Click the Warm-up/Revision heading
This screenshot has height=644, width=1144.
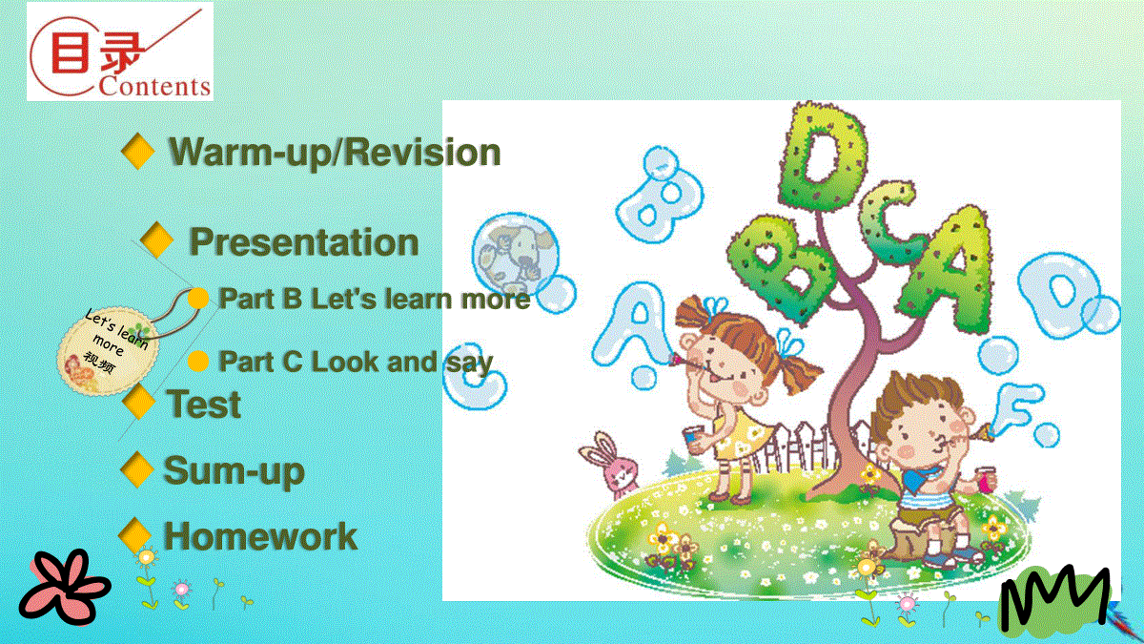(335, 153)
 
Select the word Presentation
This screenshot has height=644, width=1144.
(304, 241)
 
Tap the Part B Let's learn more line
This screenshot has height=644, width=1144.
(375, 299)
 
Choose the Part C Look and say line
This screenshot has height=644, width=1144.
(356, 362)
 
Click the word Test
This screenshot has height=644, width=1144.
(203, 404)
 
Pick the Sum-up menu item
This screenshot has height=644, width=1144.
(234, 470)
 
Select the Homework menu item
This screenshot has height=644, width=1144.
(260, 536)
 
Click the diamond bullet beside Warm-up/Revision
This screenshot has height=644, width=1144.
(138, 151)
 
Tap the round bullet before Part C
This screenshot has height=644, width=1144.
(198, 361)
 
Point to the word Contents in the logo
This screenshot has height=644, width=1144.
(154, 86)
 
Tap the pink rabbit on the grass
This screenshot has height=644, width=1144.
(611, 467)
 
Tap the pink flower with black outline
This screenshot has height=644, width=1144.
(65, 588)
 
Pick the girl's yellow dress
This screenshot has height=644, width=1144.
(740, 434)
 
